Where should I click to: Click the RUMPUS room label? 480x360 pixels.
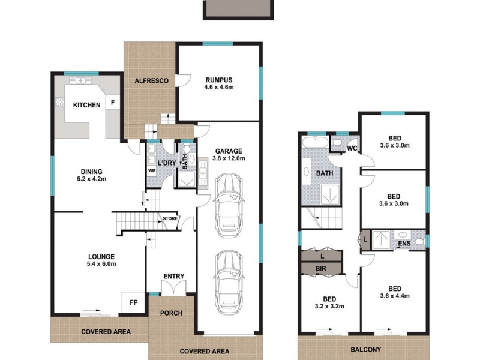click(218, 80)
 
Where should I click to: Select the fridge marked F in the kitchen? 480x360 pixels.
click(112, 103)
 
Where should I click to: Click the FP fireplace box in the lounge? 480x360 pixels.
click(133, 302)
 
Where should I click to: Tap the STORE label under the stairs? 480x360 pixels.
click(170, 219)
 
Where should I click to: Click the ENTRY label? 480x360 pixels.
click(173, 276)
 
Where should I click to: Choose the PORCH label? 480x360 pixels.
click(172, 313)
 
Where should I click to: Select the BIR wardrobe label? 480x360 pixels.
click(321, 269)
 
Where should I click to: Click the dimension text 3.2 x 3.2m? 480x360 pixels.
click(329, 306)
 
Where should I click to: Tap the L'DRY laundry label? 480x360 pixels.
click(166, 163)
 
